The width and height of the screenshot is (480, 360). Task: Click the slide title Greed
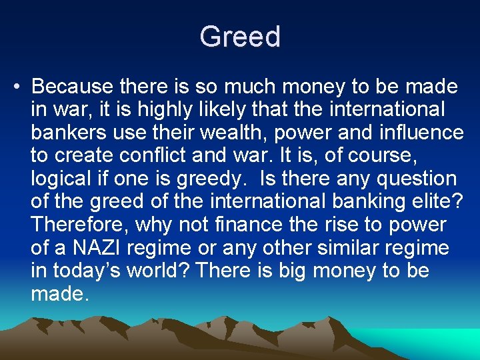[x=240, y=36]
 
